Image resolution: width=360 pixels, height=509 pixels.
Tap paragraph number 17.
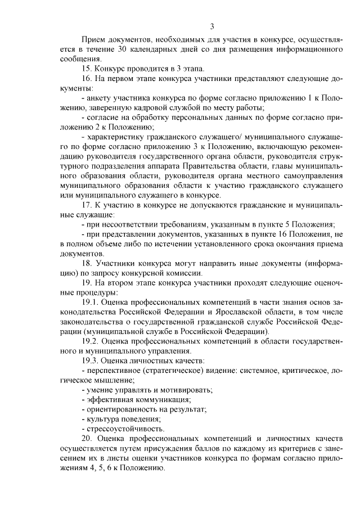87,204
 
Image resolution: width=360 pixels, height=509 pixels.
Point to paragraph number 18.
87,263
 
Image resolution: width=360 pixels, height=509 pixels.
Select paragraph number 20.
87,438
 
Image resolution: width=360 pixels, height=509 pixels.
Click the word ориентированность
117,409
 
